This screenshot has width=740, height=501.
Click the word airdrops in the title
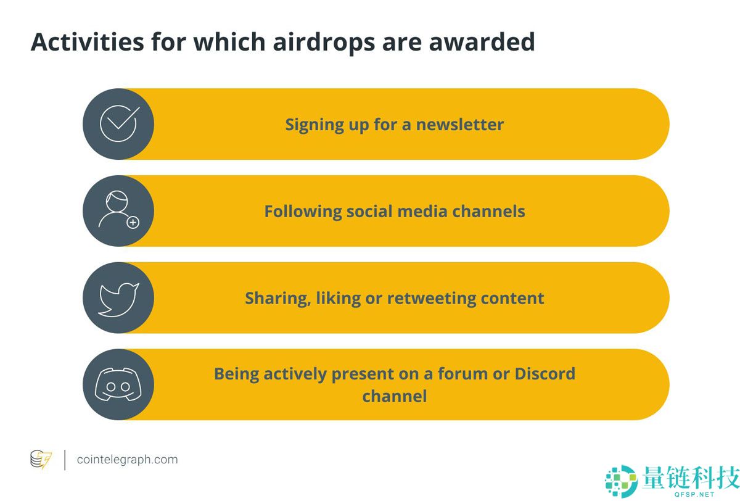tap(324, 43)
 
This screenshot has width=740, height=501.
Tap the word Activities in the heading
tap(87, 42)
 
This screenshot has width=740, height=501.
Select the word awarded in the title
tap(482, 42)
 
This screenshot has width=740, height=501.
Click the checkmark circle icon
tap(119, 123)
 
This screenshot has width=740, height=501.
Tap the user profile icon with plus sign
tap(119, 210)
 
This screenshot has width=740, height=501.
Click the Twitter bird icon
tap(118, 300)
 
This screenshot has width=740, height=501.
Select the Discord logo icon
tap(118, 384)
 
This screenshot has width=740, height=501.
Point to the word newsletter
tap(459, 125)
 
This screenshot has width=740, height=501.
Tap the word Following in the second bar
tap(303, 212)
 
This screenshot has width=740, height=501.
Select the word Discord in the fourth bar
tap(545, 374)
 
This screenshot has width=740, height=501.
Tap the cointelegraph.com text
tap(127, 460)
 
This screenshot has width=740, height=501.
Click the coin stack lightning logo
tap(41, 459)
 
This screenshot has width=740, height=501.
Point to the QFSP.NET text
tap(694, 494)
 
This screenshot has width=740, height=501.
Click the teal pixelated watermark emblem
tap(621, 481)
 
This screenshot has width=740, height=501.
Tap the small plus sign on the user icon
tap(133, 223)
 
